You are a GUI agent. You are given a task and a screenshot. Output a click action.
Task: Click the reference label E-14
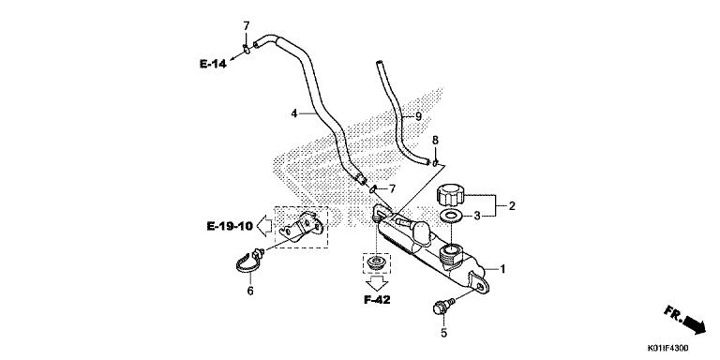(x=213, y=64)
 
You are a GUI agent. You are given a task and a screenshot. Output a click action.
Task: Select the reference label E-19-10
(x=230, y=226)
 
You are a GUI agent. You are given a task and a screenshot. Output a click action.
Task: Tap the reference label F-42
(x=377, y=300)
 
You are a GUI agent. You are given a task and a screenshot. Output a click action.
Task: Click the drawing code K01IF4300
(x=668, y=348)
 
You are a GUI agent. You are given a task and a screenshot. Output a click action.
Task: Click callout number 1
(x=502, y=269)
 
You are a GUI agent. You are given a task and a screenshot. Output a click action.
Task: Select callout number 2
(x=512, y=206)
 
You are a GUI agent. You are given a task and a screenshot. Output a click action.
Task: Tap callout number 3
(x=477, y=216)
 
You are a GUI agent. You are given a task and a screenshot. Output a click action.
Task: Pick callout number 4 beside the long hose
(x=294, y=112)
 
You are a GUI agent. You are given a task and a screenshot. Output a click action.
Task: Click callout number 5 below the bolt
(x=443, y=333)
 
